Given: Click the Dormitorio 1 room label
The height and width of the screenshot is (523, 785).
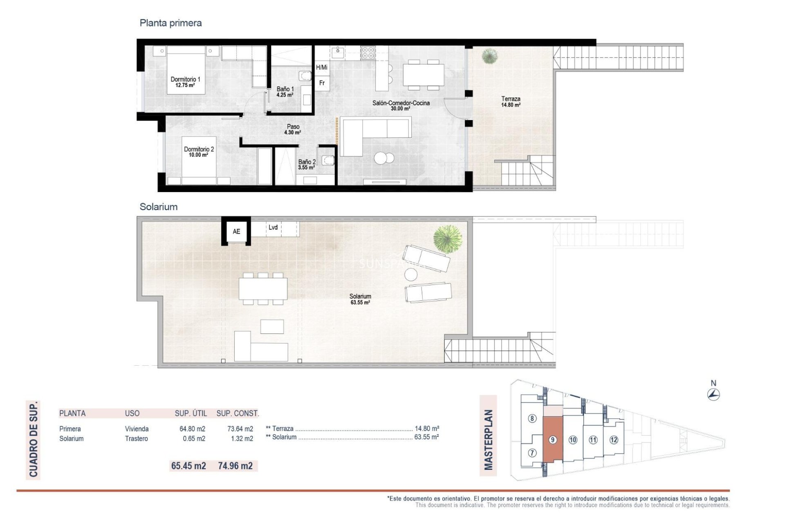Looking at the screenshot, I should pos(185,79).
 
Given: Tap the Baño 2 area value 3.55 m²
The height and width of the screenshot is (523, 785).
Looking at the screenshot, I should pos(306,168).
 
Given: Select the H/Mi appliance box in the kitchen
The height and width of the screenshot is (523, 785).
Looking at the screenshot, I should pos(322,67).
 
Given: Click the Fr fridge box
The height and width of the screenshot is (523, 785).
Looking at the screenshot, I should pos(322,83).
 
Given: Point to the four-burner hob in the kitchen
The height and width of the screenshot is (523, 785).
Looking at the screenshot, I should pos(368,53).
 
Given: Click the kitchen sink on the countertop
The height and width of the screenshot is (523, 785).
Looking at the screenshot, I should pos(338,52).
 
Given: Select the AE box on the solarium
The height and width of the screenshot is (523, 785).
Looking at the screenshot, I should pos(236,231).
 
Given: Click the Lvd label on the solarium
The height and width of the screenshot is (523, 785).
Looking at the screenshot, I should pos(273,227).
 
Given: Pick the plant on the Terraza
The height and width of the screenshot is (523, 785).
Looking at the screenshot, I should pos(489,56).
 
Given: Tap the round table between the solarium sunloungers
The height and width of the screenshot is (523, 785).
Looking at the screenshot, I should pos(411,275).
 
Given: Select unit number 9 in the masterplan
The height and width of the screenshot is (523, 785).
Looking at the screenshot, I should pos(552,440).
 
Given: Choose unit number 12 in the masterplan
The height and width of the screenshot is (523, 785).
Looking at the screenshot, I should pos(614,440).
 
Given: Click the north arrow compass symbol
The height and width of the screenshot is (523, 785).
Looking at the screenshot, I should pos(713,394).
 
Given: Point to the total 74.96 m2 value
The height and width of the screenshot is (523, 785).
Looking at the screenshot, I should pos(235,466).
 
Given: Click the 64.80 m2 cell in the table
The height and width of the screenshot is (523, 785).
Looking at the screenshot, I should pos(192,429).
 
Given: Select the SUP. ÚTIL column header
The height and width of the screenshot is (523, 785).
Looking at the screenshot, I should pos(191,413).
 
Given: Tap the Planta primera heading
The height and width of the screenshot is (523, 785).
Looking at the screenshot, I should pos(170,23).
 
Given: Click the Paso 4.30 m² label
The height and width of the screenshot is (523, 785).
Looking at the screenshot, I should pos(293,130).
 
